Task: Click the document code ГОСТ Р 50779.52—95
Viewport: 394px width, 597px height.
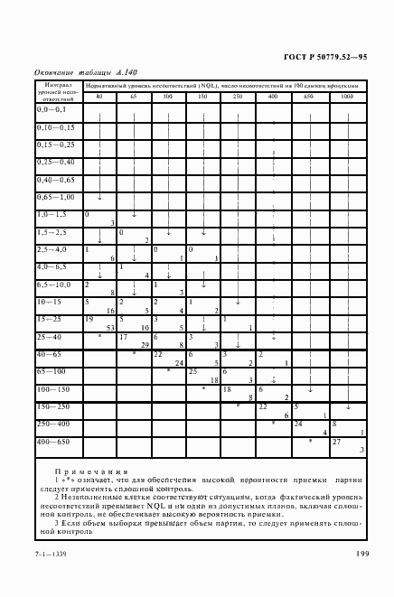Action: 324,55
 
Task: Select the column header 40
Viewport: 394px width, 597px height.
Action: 98,96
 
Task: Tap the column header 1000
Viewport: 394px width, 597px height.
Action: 348,96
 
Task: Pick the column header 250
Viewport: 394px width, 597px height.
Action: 238,96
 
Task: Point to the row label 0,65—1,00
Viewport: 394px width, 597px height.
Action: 56,196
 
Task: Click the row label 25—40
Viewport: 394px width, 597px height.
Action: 49,336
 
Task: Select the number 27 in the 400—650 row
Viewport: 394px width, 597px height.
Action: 336,441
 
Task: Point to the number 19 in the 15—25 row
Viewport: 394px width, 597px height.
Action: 89,319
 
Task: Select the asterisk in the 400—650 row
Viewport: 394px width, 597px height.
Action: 310,441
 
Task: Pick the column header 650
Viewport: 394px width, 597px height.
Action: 308,96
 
